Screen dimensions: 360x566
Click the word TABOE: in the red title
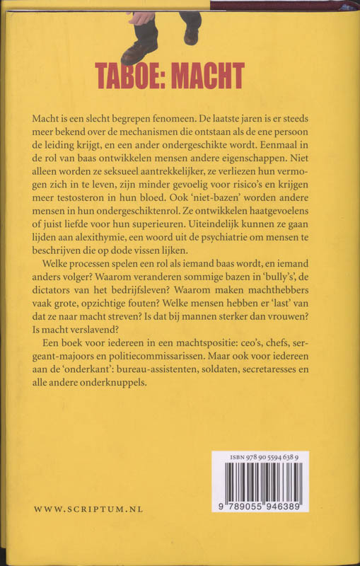click(130, 75)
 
